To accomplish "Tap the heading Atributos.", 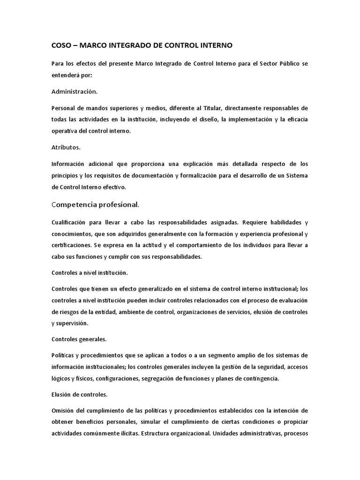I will coord(66,147).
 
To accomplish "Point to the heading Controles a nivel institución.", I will coord(90,272).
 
